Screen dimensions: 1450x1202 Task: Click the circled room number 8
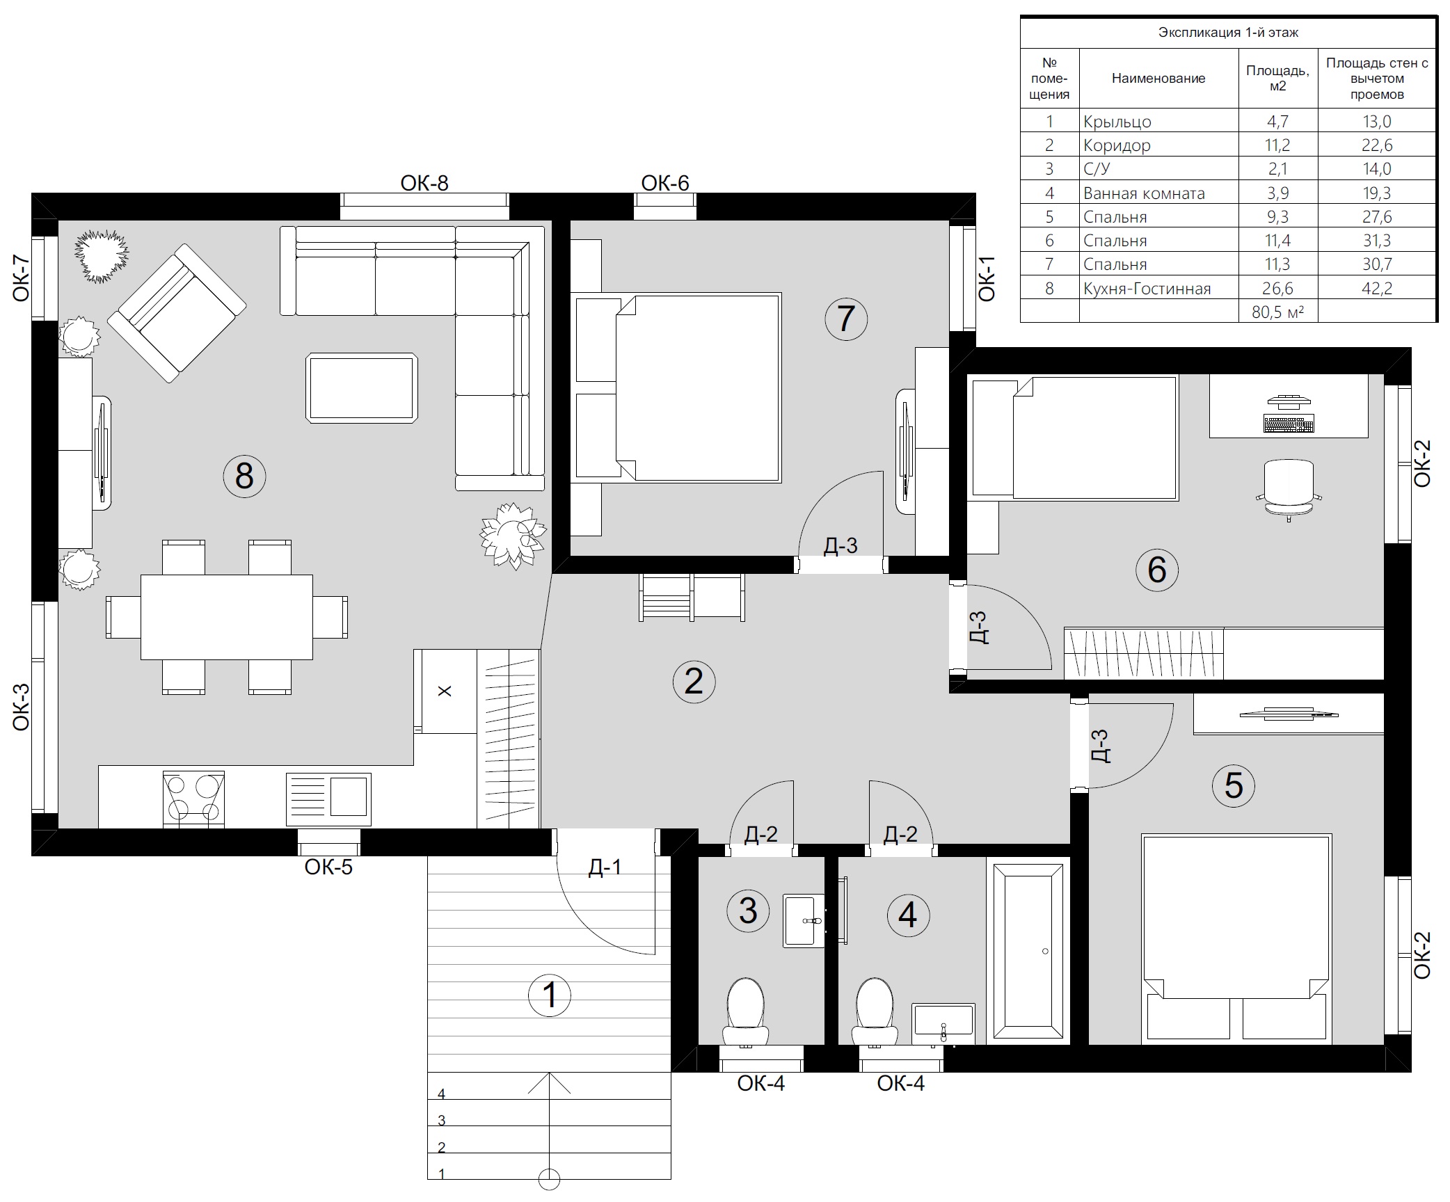click(x=244, y=476)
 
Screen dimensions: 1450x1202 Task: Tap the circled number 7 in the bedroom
click(x=846, y=319)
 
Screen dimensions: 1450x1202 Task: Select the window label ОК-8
click(x=424, y=183)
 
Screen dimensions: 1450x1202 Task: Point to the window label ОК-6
click(x=665, y=183)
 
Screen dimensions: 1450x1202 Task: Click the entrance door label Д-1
click(x=605, y=867)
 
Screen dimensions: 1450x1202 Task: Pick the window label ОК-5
click(x=328, y=867)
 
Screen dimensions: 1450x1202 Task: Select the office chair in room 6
click(x=1289, y=489)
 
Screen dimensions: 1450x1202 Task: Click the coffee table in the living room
click(x=362, y=387)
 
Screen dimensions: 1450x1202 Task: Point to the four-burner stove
click(x=193, y=799)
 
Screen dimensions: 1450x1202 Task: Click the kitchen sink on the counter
click(x=328, y=799)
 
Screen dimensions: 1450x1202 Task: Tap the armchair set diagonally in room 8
click(x=177, y=312)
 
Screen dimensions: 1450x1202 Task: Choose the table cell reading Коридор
click(x=1117, y=145)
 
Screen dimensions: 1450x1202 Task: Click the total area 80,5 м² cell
click(x=1277, y=312)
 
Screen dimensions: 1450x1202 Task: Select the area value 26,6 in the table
click(x=1277, y=288)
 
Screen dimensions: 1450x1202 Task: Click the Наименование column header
click(x=1158, y=79)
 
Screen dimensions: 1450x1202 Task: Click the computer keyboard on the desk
click(x=1289, y=423)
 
